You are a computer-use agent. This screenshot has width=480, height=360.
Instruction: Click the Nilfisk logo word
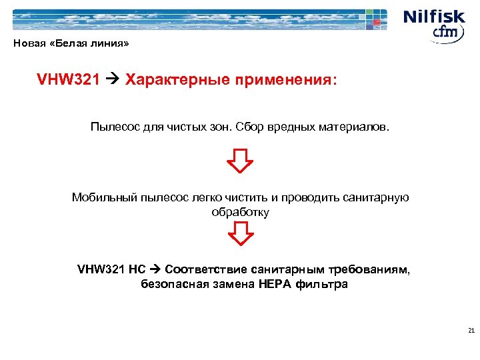click(x=433, y=16)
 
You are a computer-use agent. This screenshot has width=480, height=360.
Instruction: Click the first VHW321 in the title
click(x=69, y=81)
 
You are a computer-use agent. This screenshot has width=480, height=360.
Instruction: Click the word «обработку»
click(x=240, y=213)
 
